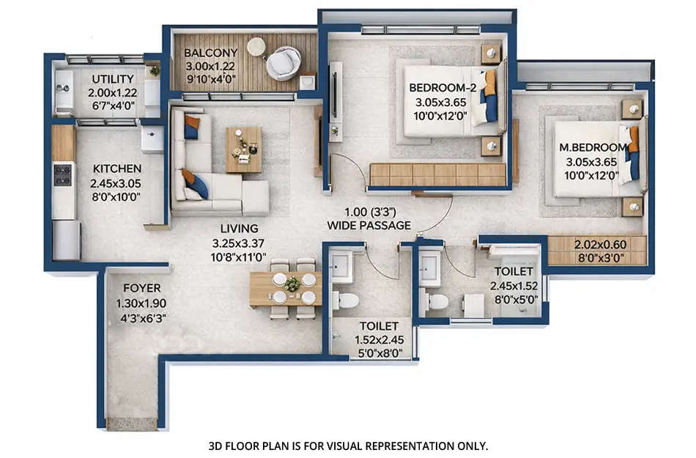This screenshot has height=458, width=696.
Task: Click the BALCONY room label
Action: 210,53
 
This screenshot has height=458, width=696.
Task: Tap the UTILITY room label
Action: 112,79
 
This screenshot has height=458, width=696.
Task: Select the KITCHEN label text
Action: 116,169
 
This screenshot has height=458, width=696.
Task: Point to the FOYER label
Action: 141,288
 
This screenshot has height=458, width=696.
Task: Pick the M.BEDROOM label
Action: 593,147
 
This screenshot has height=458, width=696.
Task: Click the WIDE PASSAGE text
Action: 369,226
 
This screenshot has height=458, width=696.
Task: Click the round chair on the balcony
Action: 283,63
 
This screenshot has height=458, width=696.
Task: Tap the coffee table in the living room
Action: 243,149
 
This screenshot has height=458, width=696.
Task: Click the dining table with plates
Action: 286,288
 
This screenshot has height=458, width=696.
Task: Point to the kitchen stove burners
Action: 63,174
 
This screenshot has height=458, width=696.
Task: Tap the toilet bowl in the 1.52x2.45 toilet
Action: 347,300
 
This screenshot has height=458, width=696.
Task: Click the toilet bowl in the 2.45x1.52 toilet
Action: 437,302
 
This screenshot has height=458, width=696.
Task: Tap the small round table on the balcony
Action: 256,47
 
